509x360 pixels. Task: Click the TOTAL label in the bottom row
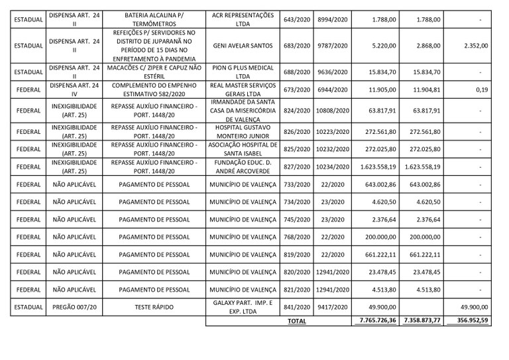(297, 321)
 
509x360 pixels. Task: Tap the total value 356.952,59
(469, 321)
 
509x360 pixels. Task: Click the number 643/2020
(296, 20)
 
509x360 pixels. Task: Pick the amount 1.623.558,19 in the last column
(422, 166)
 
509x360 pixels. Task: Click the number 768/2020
(296, 237)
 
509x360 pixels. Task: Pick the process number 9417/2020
(333, 307)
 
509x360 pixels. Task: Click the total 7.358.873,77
(422, 321)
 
